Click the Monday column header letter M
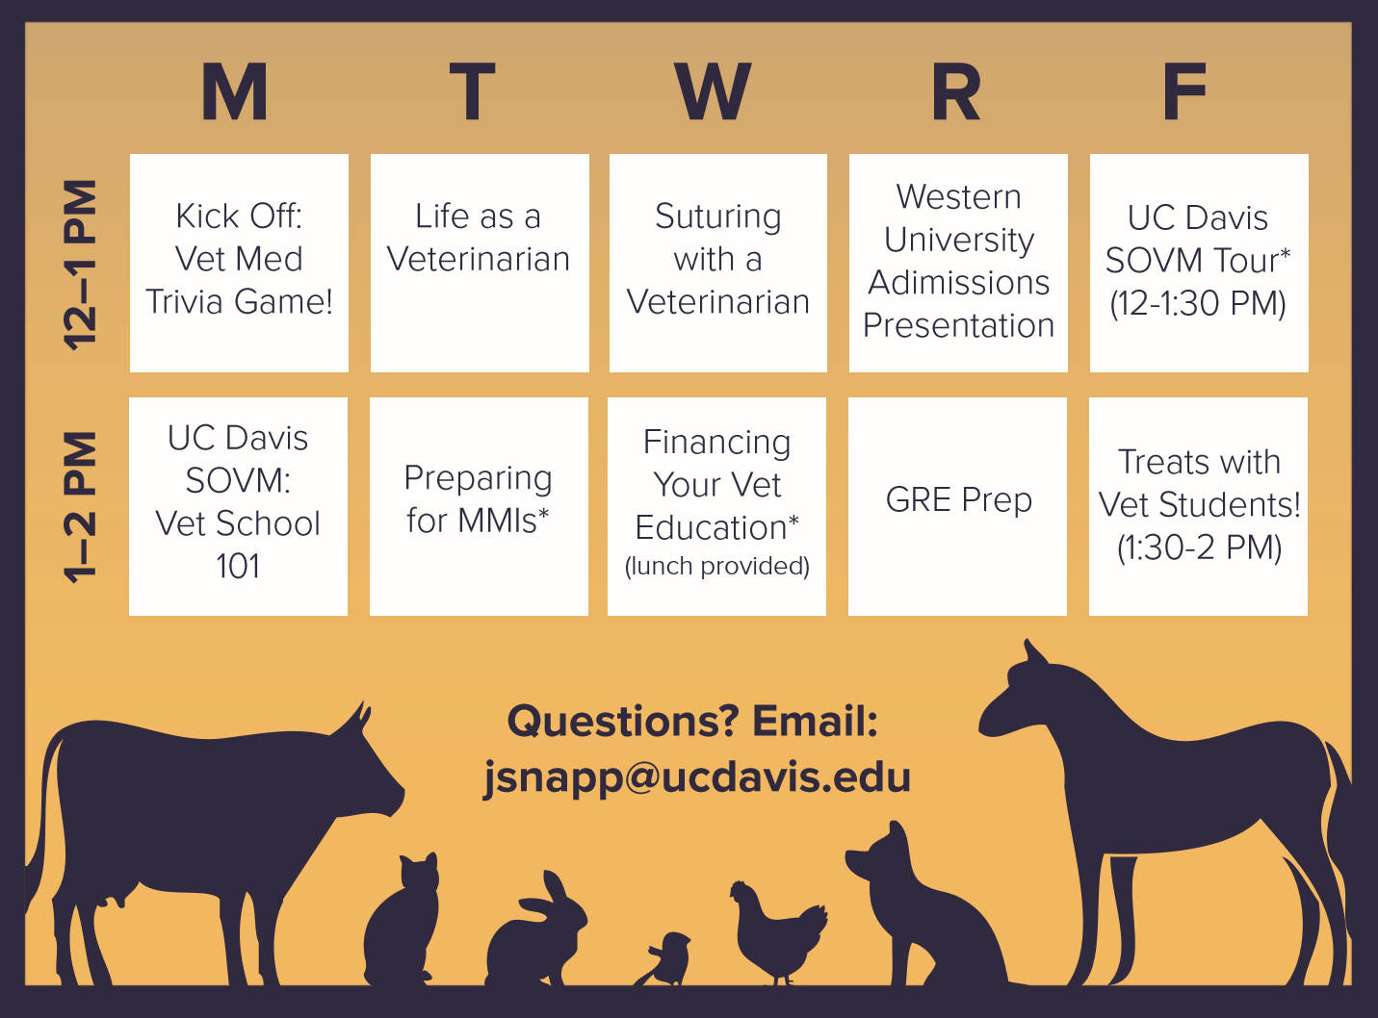tap(235, 91)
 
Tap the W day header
tap(713, 91)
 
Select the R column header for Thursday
tap(955, 91)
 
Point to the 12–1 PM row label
tap(80, 265)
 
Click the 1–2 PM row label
tap(80, 507)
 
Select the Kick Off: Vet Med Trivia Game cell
tap(239, 264)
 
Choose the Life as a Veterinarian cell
tap(480, 264)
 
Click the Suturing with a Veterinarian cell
tap(718, 264)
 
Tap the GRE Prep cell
tap(957, 506)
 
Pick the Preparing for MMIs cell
tap(479, 506)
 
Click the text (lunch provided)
tap(717, 566)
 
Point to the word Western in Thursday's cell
tap(959, 197)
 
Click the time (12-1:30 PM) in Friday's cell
tap(1198, 303)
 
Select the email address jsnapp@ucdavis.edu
tap(697, 778)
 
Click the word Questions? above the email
tap(623, 722)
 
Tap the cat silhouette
tap(402, 919)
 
